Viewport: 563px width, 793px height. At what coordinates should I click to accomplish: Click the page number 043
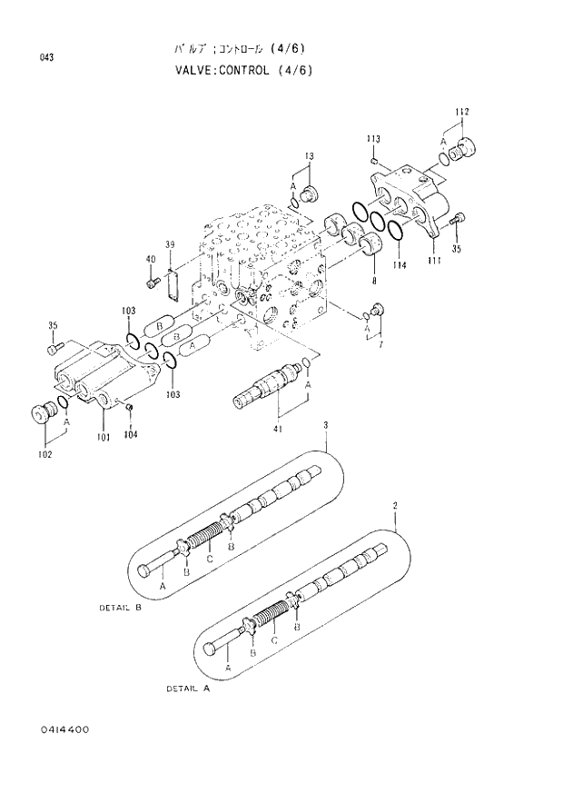click(46, 59)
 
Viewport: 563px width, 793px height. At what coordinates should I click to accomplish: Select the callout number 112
click(461, 112)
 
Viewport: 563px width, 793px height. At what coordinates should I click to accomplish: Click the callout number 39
click(169, 245)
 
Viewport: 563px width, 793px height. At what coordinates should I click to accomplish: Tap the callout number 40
click(151, 260)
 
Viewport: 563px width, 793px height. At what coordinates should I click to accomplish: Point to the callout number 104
click(131, 434)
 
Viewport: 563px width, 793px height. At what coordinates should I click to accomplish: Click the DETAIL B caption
click(120, 607)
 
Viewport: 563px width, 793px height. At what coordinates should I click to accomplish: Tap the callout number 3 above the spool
click(325, 424)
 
